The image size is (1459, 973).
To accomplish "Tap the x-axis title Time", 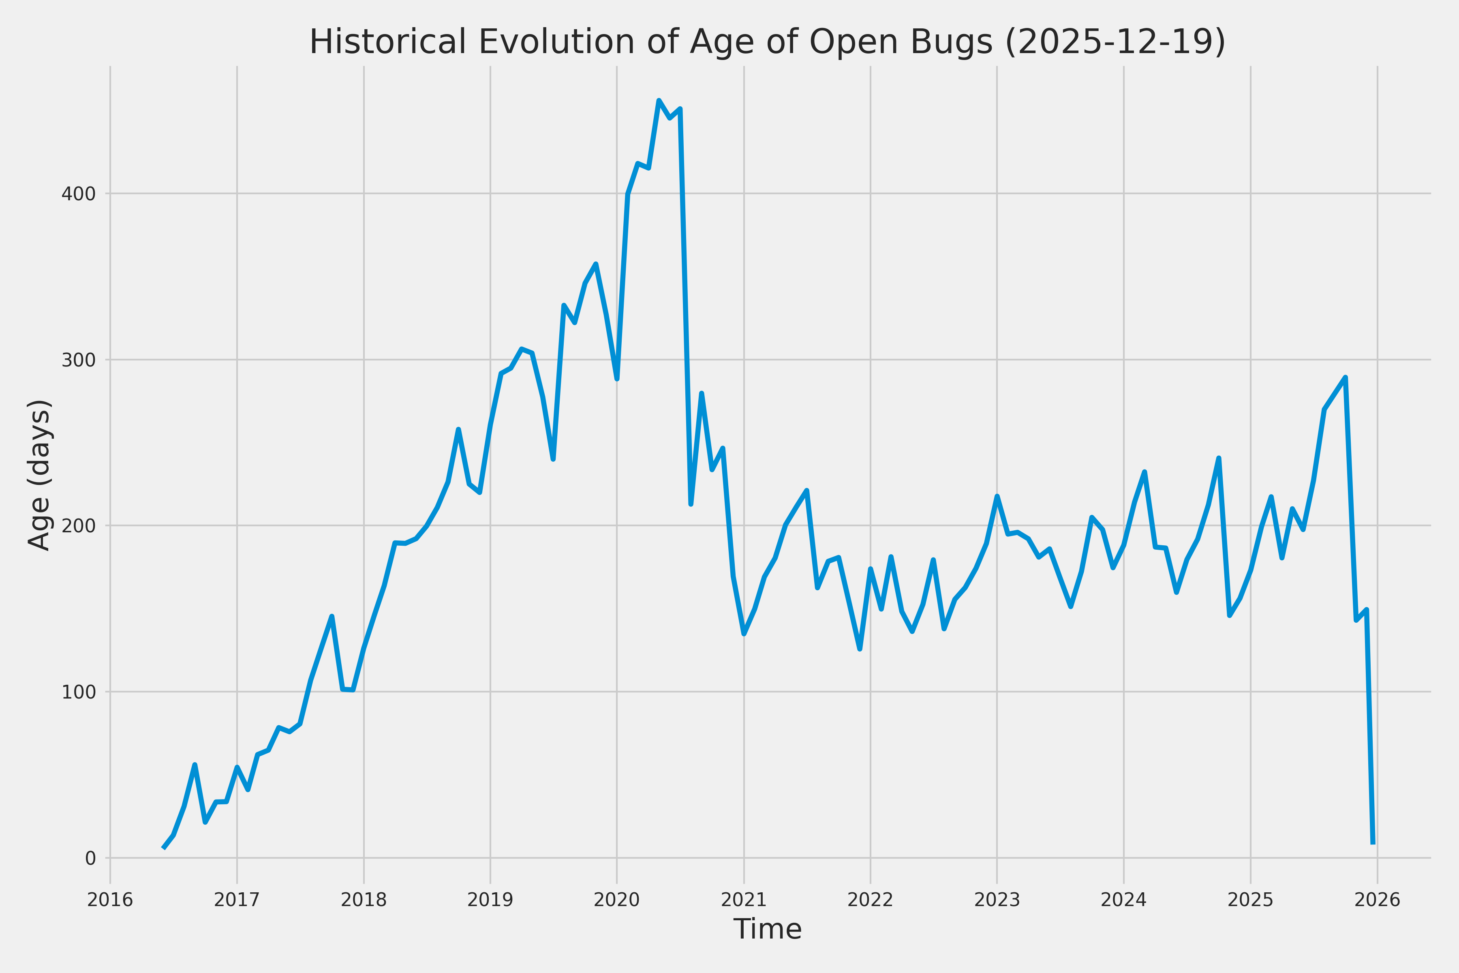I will coord(767,929).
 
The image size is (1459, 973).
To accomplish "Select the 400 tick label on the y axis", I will coord(78,194).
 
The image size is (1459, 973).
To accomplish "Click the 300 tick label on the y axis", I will coord(78,360).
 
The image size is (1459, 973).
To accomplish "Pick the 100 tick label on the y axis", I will coord(78,692).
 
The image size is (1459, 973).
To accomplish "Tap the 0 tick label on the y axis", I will coord(90,859).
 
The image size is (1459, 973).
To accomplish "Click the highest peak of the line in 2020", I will coord(659,101).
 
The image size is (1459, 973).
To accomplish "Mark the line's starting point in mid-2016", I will coord(163,848).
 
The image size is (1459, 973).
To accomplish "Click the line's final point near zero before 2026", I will coord(1373,843).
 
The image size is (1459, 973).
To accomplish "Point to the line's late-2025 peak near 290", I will coord(1345,377).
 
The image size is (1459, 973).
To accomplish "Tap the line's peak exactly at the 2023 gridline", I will coord(997,496).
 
